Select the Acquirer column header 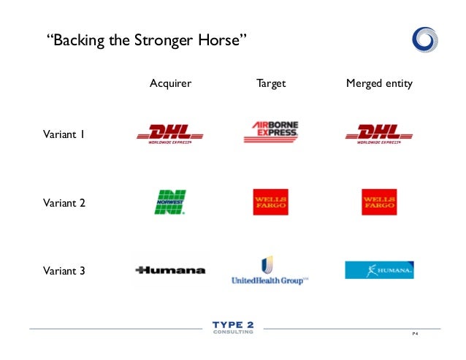[170, 84]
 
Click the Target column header [271, 84]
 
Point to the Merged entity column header [379, 84]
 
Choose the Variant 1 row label [64, 134]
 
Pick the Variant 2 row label [64, 203]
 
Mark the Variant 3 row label [64, 271]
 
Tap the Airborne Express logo [271, 132]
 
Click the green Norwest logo [170, 202]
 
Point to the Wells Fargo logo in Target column [270, 202]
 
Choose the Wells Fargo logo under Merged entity [379, 202]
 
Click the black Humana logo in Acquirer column [170, 270]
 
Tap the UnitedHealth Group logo [269, 270]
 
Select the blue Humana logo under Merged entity [379, 270]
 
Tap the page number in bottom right [416, 334]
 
